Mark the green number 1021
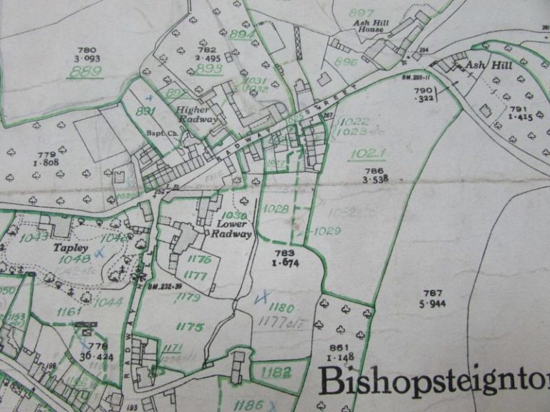tap(367, 153)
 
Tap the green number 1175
tap(190, 326)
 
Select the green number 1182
tap(276, 372)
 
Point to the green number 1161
tap(69, 312)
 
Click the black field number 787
tap(433, 293)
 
